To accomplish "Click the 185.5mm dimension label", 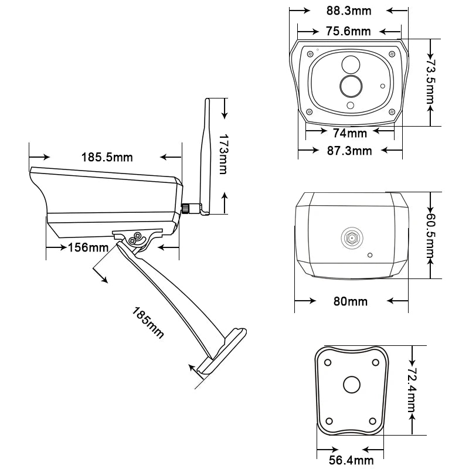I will click(x=107, y=157).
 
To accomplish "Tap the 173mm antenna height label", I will click(x=223, y=154).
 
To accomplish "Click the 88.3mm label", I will click(x=348, y=11).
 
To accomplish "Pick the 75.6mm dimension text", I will click(x=348, y=31).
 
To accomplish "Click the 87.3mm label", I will click(x=350, y=151).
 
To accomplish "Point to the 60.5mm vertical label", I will click(x=431, y=236).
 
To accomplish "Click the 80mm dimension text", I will click(x=351, y=301).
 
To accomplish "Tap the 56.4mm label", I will click(x=350, y=461).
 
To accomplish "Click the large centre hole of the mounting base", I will click(x=352, y=385).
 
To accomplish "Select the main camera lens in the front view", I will click(x=351, y=86).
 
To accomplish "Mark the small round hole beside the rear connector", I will click(x=370, y=255).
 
